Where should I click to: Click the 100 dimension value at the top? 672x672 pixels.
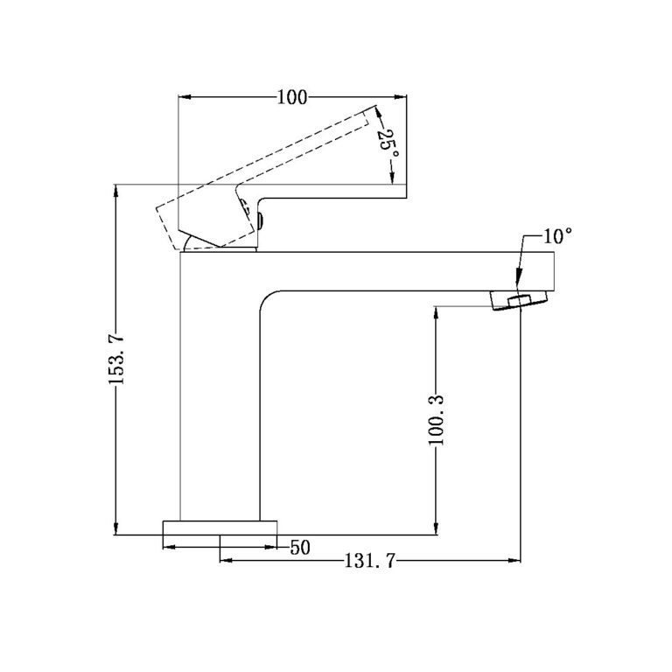(292, 98)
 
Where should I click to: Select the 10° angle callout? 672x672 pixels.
(556, 236)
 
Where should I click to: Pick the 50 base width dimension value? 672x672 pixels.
(300, 548)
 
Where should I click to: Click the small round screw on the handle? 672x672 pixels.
(259, 218)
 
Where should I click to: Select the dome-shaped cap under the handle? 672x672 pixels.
(219, 244)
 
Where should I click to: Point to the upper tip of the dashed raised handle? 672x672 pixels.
(377, 109)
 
